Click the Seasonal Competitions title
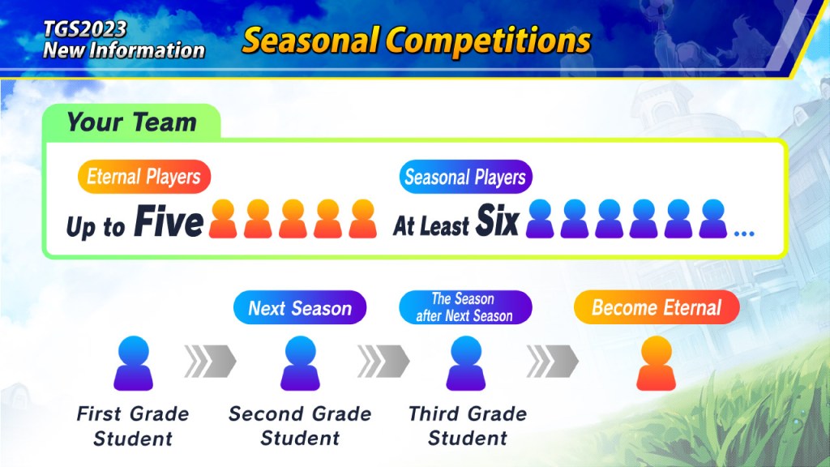coord(416,41)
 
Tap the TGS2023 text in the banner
coord(84,28)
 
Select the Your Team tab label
coord(132,122)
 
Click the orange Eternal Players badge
coord(144,177)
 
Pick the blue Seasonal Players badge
coord(466,177)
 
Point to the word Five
coord(169,222)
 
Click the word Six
coord(497,221)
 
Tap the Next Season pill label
coord(300,307)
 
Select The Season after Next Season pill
coord(465,307)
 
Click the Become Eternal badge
coord(657,307)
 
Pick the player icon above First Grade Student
coord(134,363)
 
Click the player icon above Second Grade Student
coord(300,363)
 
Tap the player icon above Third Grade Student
coord(466,363)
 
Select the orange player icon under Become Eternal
coord(657,363)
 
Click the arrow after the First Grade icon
coord(210,362)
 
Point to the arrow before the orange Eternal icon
coord(553,362)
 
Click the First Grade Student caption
coord(133,426)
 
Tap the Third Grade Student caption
coord(468,426)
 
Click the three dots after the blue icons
coord(744,233)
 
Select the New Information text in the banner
coord(124,49)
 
